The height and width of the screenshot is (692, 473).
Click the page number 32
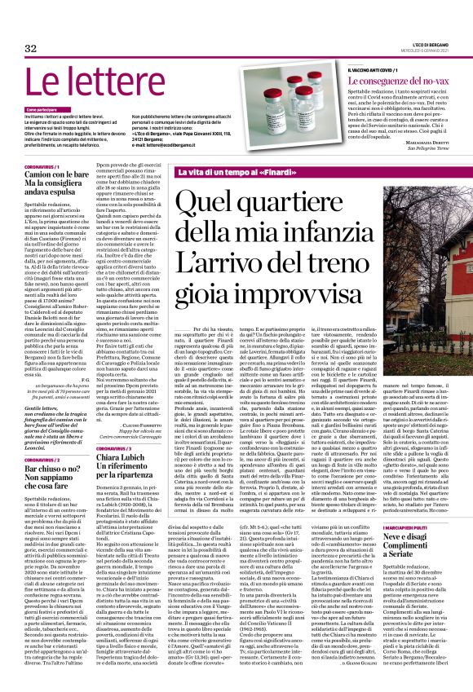(x=30, y=50)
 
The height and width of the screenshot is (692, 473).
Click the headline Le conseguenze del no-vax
(x=391, y=82)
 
